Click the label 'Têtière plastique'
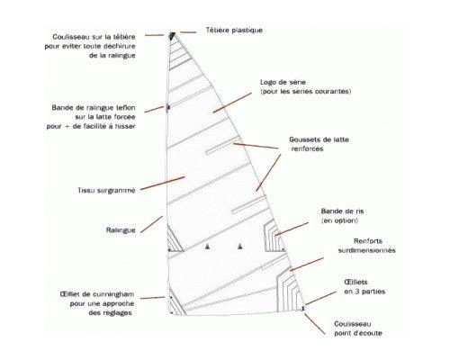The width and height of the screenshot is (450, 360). click(234, 30)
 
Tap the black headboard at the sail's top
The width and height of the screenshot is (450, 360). click(172, 36)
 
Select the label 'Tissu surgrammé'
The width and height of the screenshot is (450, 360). click(106, 190)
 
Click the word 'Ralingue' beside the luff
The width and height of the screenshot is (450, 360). click(121, 230)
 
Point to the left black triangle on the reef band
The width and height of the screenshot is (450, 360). click(207, 247)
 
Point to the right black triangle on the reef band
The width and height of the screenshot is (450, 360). click(239, 247)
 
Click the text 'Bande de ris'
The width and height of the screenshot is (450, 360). click(342, 211)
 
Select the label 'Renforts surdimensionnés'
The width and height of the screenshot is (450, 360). click(367, 246)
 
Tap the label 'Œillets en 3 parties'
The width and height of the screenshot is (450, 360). click(364, 286)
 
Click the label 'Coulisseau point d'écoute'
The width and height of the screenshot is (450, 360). click(358, 328)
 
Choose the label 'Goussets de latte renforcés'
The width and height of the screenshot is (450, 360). click(319, 144)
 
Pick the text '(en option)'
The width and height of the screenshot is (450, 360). click(339, 220)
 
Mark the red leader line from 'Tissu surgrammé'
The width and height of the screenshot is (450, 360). click(162, 184)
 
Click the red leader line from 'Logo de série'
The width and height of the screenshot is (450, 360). click(232, 103)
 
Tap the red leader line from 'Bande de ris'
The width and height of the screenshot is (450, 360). click(292, 229)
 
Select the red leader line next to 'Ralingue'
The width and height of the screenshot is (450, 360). click(151, 224)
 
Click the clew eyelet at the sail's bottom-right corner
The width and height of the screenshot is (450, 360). click(303, 308)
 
